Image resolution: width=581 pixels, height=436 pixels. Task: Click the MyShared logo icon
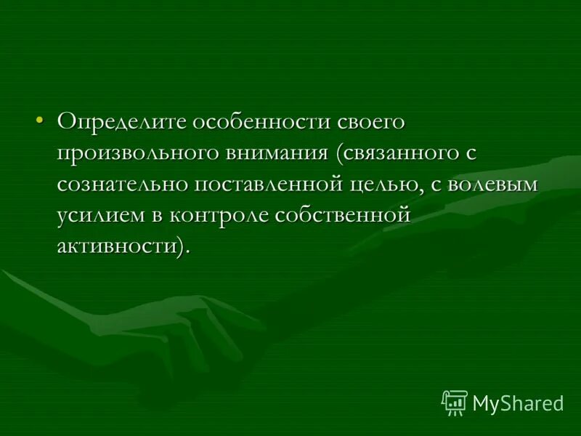455,402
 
